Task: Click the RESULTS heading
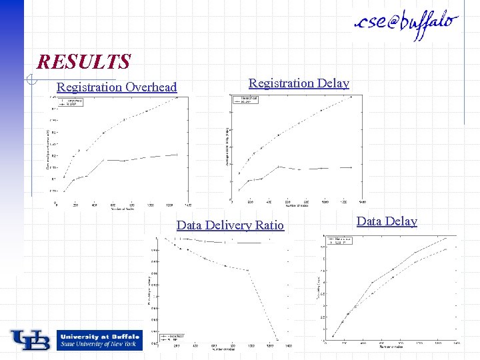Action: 84,62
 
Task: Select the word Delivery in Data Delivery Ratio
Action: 229,225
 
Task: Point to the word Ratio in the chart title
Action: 269,225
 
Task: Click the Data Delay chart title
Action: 387,221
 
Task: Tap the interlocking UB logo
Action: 30,340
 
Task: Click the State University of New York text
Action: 97,344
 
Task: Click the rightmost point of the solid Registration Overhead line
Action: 177,155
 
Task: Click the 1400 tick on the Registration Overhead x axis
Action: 188,205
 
